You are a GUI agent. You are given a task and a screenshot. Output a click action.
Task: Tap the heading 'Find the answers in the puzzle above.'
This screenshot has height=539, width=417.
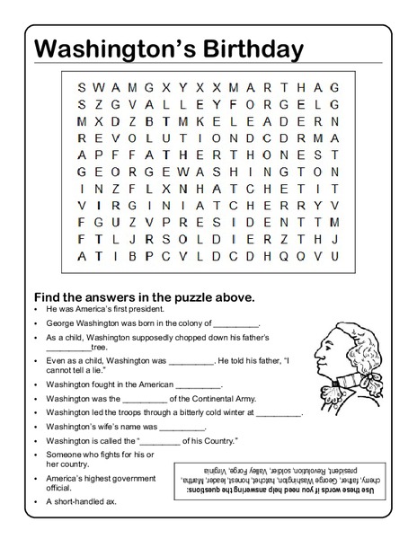tap(144, 296)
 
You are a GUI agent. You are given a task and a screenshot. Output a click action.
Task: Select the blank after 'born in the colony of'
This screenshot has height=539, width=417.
tap(236, 323)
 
